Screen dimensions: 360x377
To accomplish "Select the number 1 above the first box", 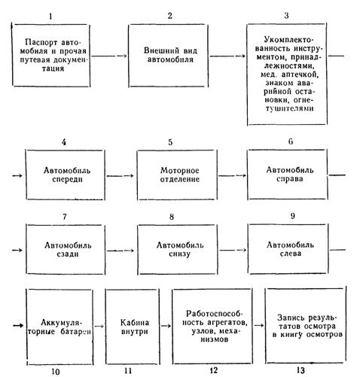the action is (51, 17).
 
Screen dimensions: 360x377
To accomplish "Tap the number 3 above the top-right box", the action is (286, 16).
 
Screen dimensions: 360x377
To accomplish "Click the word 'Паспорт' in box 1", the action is (41, 42).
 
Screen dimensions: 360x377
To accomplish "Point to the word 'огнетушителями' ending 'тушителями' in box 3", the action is (289, 108).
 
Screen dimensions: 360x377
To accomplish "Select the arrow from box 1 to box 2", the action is (109, 56).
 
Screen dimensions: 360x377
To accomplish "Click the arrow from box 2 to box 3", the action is (227, 56).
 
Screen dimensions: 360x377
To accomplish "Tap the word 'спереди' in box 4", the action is (67, 180).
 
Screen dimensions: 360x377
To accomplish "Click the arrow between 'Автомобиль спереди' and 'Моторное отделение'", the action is (120, 175).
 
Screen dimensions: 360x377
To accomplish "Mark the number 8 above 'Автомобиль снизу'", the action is (172, 217).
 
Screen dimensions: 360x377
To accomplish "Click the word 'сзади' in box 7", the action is (68, 254).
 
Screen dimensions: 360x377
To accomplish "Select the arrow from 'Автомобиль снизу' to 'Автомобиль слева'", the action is (233, 250).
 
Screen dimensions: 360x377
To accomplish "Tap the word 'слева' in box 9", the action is (291, 254).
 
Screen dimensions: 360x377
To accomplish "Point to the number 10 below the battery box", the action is (56, 372).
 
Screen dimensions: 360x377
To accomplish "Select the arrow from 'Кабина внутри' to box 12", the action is (166, 326).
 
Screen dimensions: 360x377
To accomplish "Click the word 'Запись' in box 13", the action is (291, 318).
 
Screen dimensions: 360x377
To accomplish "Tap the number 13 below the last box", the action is (301, 370).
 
